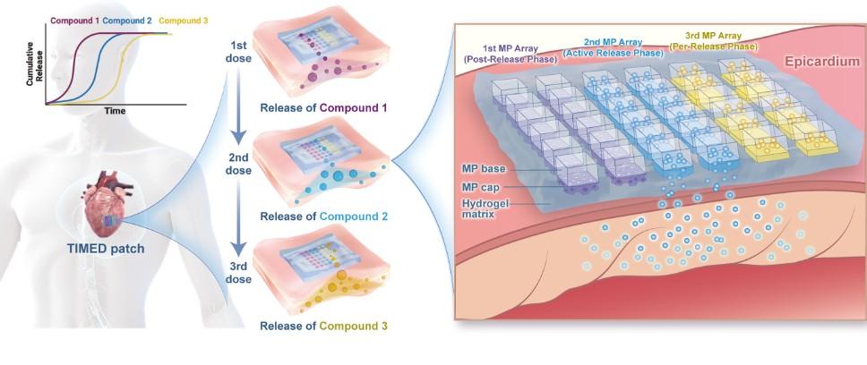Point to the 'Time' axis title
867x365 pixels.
click(x=114, y=111)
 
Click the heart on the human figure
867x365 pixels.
click(x=107, y=206)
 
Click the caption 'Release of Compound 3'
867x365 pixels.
click(x=323, y=327)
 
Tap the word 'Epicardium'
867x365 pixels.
click(x=820, y=62)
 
